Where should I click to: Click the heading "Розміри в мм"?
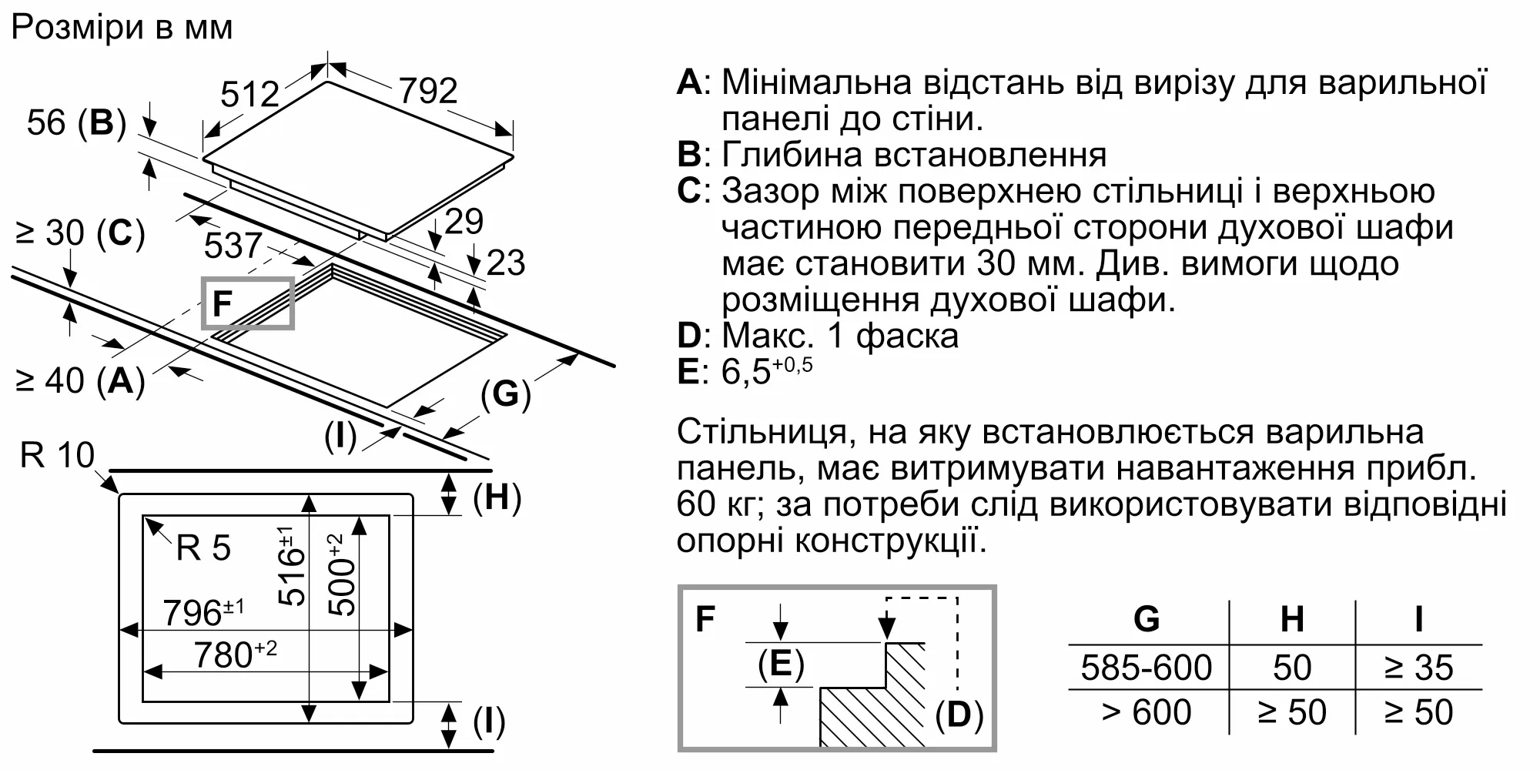[122, 28]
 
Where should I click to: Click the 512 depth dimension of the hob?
[249, 95]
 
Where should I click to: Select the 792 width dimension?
[427, 91]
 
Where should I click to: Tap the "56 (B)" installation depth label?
[76, 122]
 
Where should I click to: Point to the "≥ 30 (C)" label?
[80, 233]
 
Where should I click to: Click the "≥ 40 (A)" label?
[80, 380]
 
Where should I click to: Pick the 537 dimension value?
[233, 246]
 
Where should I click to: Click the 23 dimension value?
[506, 263]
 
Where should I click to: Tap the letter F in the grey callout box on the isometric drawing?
[222, 304]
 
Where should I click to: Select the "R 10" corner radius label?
[56, 455]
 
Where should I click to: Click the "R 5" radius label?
[203, 547]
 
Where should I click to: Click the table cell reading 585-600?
[1146, 668]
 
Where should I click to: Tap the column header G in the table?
[1146, 619]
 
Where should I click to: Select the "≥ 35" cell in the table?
[1418, 668]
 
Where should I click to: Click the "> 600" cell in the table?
[1146, 712]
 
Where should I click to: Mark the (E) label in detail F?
[781, 664]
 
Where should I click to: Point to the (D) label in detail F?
[959, 715]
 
